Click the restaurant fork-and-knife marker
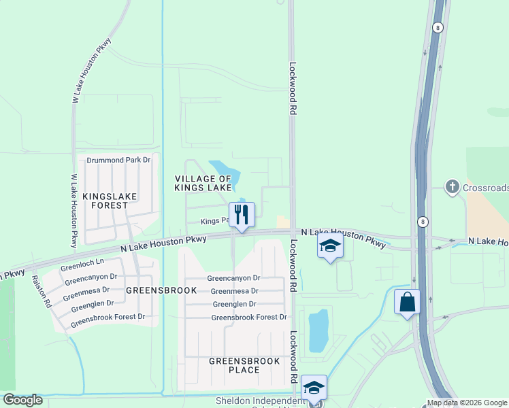241,214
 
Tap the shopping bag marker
406,301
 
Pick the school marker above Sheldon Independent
314,387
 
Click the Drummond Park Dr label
118,160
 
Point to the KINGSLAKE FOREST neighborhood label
110,201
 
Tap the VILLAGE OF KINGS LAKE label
203,182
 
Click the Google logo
22,400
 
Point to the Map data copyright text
467,403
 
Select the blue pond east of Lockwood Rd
318,330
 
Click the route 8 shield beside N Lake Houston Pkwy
423,222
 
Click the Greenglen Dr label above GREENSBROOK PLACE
234,304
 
